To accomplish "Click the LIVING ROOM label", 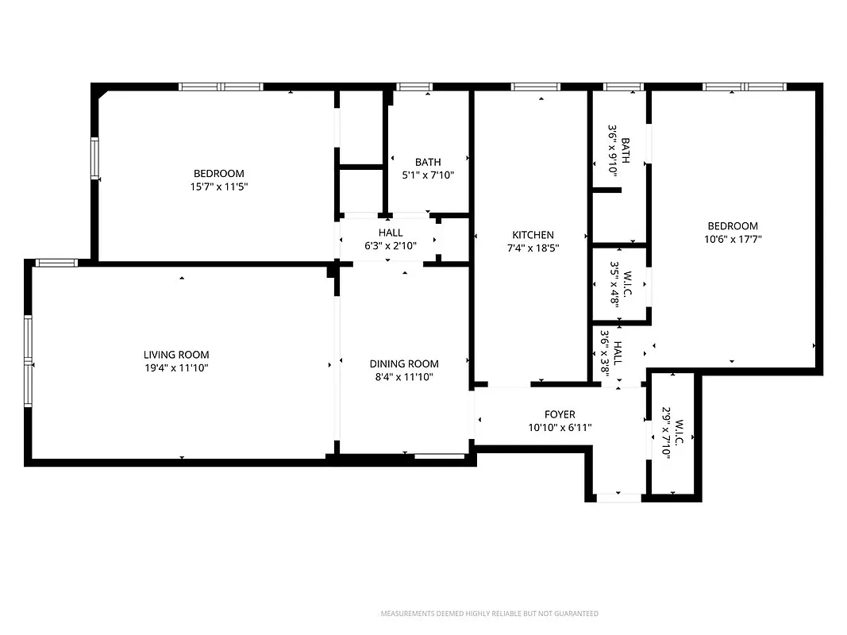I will click(x=176, y=355).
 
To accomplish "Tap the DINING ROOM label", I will click(x=404, y=364).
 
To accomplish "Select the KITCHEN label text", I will click(x=533, y=235).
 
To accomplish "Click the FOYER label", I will click(x=560, y=414).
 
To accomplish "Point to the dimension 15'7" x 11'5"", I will click(x=219, y=187).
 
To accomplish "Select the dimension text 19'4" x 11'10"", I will click(x=176, y=368).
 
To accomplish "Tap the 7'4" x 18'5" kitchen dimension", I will click(x=533, y=248).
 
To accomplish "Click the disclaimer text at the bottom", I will click(x=490, y=614).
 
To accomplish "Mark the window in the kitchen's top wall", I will click(x=536, y=87).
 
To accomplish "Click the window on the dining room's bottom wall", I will click(x=440, y=456).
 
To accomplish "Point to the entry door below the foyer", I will click(x=618, y=498).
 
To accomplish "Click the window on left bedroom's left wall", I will click(x=94, y=159).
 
